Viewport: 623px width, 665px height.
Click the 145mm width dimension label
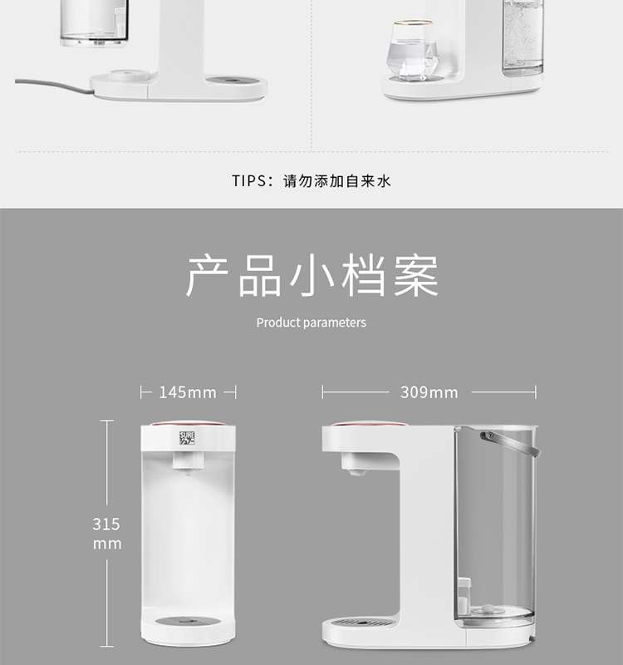click(x=188, y=392)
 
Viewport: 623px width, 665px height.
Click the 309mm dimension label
click(x=429, y=392)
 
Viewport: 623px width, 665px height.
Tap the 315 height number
click(x=106, y=525)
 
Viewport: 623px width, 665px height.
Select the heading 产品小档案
click(x=312, y=276)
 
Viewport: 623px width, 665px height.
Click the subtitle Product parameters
click(x=311, y=323)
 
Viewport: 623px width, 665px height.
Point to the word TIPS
click(x=248, y=181)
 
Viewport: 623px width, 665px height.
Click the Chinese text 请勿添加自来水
click(x=337, y=181)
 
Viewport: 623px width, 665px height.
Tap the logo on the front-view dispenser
click(x=188, y=438)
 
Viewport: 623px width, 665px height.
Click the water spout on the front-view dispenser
click(x=189, y=461)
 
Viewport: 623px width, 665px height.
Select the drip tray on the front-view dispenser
click(x=188, y=621)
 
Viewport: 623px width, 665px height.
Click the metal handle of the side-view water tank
click(x=510, y=443)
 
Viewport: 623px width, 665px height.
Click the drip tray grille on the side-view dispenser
click(x=361, y=623)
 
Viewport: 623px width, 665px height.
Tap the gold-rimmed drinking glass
click(x=411, y=51)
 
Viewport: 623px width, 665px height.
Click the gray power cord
click(x=54, y=86)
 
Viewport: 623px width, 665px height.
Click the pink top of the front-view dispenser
click(x=188, y=424)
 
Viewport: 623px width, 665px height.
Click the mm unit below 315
click(x=107, y=544)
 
